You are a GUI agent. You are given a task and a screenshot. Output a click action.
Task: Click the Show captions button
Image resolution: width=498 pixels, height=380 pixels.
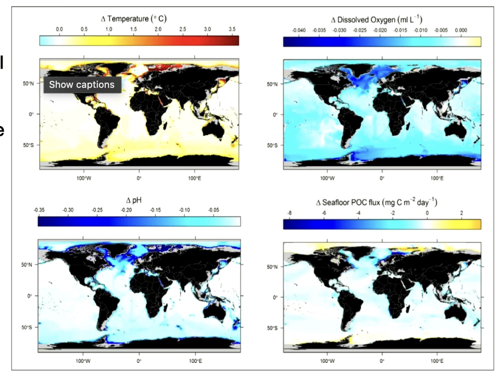pos(82,85)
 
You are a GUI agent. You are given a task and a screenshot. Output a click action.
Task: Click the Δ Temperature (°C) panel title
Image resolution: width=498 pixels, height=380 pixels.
pos(133,19)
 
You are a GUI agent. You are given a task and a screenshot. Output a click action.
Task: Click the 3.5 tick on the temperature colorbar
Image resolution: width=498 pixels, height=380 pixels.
pos(232,29)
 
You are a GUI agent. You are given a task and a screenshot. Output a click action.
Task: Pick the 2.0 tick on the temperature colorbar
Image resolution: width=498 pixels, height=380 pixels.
pos(158,29)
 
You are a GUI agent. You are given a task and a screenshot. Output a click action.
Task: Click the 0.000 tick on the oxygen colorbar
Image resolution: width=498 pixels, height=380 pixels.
pos(461,30)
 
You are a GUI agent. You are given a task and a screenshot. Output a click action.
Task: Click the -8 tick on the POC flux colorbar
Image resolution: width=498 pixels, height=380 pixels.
pos(289,212)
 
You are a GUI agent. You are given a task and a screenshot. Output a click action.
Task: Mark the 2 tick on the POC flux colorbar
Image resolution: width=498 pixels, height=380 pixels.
pos(461,212)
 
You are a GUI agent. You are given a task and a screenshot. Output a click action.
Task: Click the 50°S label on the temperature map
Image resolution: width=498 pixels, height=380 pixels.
pos(28,145)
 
